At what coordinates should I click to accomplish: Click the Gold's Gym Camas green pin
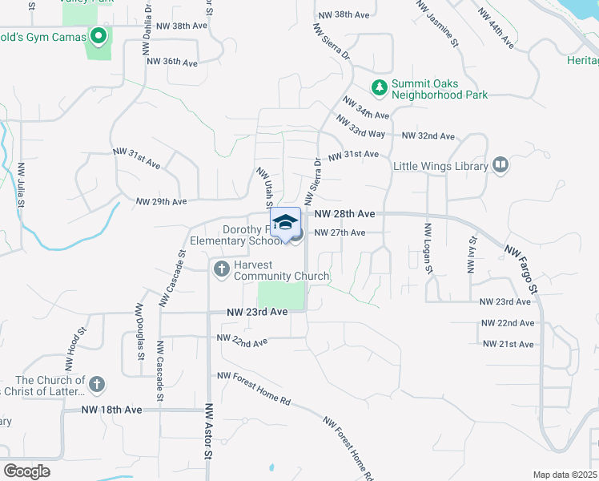tap(99, 35)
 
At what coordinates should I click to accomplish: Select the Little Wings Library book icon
tap(501, 166)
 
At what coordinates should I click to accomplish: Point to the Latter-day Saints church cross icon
tap(98, 383)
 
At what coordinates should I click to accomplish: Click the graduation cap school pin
tap(285, 223)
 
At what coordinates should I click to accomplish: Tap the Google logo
tap(26, 471)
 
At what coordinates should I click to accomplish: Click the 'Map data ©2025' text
tap(565, 475)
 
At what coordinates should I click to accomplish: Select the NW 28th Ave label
tap(345, 214)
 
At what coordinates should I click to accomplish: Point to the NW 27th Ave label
tap(340, 232)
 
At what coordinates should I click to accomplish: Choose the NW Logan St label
tap(429, 249)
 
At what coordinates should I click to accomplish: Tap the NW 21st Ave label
tap(508, 344)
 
